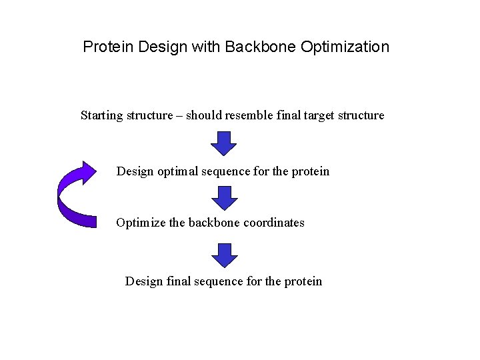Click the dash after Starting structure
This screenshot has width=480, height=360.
(178, 115)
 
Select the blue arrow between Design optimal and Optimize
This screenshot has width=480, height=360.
(224, 197)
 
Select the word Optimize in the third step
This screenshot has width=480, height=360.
(140, 223)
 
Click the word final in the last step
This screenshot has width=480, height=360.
(178, 281)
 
